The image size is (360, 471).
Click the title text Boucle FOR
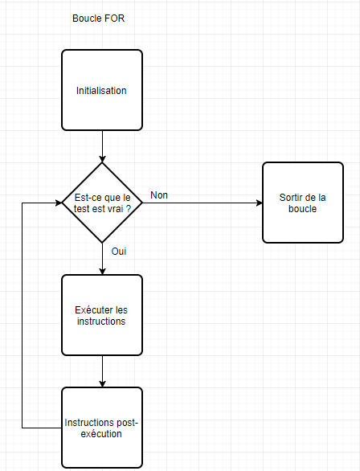tap(98, 18)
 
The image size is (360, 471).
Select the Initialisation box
tap(102, 90)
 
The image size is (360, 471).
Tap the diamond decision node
tap(102, 203)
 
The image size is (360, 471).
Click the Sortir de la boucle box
tap(303, 203)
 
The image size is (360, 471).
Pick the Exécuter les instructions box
tap(102, 315)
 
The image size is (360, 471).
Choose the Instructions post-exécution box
tap(102, 428)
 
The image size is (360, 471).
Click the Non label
tap(159, 195)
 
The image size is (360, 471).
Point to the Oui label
tap(119, 252)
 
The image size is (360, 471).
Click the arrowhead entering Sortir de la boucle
tap(260, 203)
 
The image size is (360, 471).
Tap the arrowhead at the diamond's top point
tap(102, 159)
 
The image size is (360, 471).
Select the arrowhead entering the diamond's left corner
tap(59, 203)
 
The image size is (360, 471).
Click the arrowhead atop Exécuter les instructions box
tap(102, 272)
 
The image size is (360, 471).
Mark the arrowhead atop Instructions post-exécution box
tap(102, 384)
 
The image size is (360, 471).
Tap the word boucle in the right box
tap(302, 209)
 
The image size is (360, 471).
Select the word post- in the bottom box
tap(127, 423)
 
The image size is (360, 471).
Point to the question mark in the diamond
tap(129, 209)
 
